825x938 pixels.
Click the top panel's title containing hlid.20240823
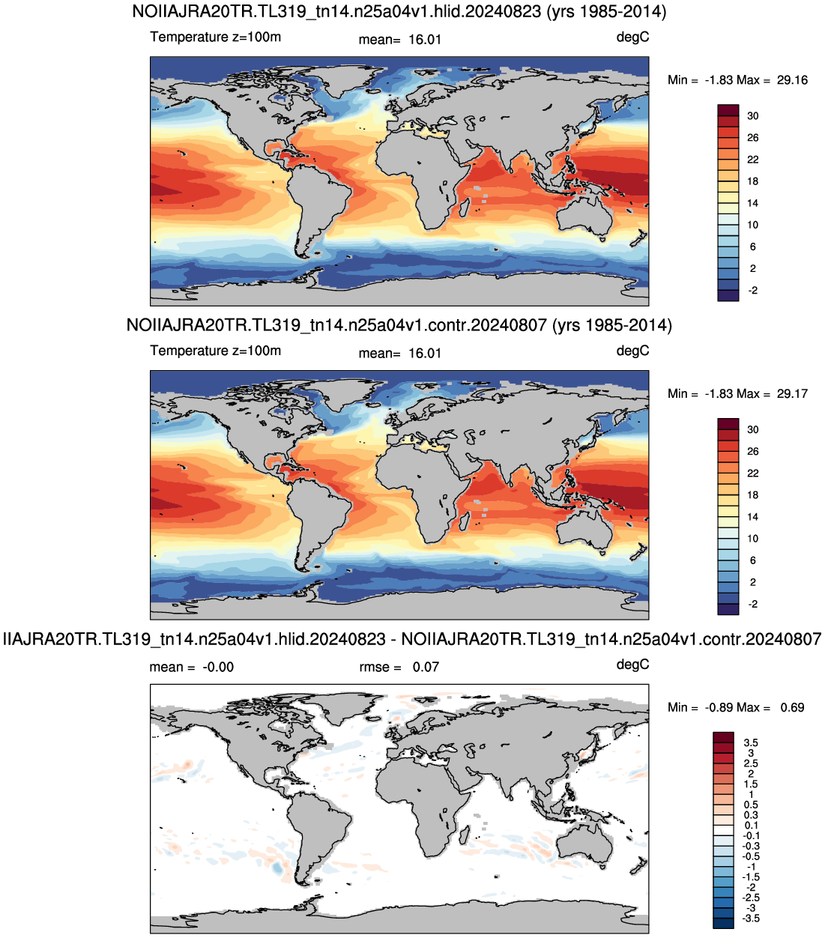399,11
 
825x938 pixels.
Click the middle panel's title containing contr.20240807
399,325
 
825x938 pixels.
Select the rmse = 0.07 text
399,667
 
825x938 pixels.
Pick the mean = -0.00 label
191,667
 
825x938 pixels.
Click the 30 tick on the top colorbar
753,115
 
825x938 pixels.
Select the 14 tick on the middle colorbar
753,517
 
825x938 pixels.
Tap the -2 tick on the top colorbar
753,290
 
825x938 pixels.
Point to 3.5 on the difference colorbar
750,742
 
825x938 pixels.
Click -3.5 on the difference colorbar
750,918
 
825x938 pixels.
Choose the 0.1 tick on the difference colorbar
750,825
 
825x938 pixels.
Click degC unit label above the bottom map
632,665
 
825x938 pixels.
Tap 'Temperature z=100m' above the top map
215,37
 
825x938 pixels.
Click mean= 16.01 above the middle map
399,354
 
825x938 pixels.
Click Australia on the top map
584,215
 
